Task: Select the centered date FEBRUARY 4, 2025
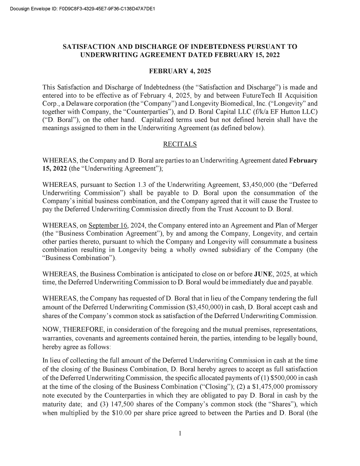pyautogui.click(x=180, y=71)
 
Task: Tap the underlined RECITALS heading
pyautogui.click(x=180, y=144)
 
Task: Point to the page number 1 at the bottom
pyautogui.click(x=180, y=433)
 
